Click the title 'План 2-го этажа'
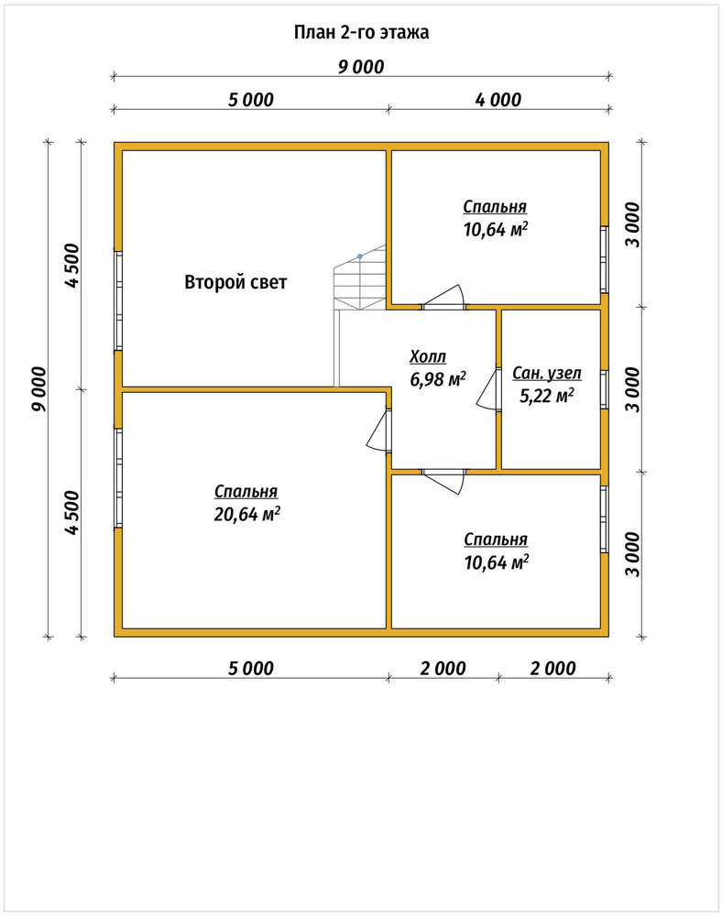pyautogui.click(x=361, y=32)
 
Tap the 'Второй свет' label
pyautogui.click(x=235, y=282)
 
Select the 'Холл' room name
pyautogui.click(x=428, y=356)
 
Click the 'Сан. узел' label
pyautogui.click(x=547, y=374)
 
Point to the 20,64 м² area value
pyautogui.click(x=247, y=514)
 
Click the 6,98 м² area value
pyautogui.click(x=438, y=379)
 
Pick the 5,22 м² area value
pyautogui.click(x=547, y=396)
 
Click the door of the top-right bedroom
pyautogui.click(x=444, y=296)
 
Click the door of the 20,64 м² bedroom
pyautogui.click(x=377, y=430)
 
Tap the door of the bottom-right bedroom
pyautogui.click(x=444, y=481)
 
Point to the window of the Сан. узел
pyautogui.click(x=605, y=389)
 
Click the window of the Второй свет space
pyautogui.click(x=118, y=300)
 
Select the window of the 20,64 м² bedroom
pyautogui.click(x=118, y=478)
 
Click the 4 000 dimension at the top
pyautogui.click(x=498, y=100)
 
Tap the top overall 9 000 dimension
pyautogui.click(x=361, y=67)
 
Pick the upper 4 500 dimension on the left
pyautogui.click(x=71, y=266)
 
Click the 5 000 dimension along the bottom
pyautogui.click(x=251, y=669)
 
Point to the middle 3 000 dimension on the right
pyautogui.click(x=633, y=389)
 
